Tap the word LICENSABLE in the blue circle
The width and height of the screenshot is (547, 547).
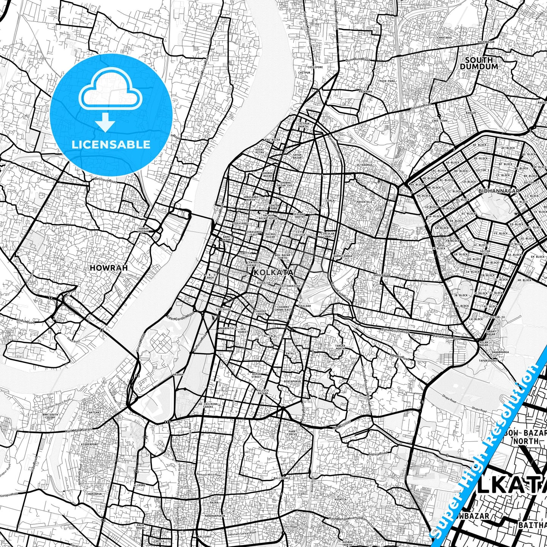[x=111, y=144]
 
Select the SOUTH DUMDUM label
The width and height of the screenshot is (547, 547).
[x=479, y=63]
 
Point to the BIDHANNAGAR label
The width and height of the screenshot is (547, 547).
[x=499, y=191]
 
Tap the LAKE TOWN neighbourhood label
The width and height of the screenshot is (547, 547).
[x=439, y=121]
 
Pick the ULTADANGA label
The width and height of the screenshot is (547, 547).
[x=364, y=165]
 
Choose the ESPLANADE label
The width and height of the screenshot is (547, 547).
[x=223, y=309]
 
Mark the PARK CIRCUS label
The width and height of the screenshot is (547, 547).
[x=292, y=433]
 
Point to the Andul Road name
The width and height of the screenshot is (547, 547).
[x=25, y=321]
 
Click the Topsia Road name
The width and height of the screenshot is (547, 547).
[x=378, y=453]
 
